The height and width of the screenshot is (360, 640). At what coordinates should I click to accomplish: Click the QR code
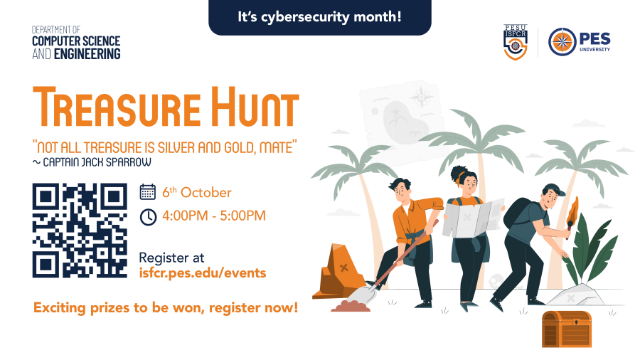pos(80,231)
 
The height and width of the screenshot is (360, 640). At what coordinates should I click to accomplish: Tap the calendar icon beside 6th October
pos(148,192)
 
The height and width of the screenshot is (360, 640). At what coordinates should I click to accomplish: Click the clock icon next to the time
pos(148,217)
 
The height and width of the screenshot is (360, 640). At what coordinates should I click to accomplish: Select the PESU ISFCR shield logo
pos(516,42)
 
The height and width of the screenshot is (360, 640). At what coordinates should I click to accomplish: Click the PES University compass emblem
pos(562,42)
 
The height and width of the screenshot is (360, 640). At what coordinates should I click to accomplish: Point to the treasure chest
pos(567,329)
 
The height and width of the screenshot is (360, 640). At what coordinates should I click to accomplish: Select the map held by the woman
pos(473,218)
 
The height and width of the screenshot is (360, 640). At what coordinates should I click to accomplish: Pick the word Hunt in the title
pos(255,107)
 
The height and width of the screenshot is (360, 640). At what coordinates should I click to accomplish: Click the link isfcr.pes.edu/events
pos(203,272)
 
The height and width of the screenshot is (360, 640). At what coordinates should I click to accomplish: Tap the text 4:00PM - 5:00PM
pos(214,216)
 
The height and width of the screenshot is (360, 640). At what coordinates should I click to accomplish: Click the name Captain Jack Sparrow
pos(97,162)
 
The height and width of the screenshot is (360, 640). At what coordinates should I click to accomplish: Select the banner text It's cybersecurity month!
pos(319,17)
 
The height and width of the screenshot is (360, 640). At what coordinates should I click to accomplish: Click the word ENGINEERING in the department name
pos(87,54)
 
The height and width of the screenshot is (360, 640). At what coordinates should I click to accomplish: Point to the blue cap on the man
pos(553,189)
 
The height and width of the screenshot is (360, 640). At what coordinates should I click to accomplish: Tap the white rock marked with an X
pos(575,295)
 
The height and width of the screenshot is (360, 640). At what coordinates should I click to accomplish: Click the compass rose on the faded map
pos(422,97)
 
